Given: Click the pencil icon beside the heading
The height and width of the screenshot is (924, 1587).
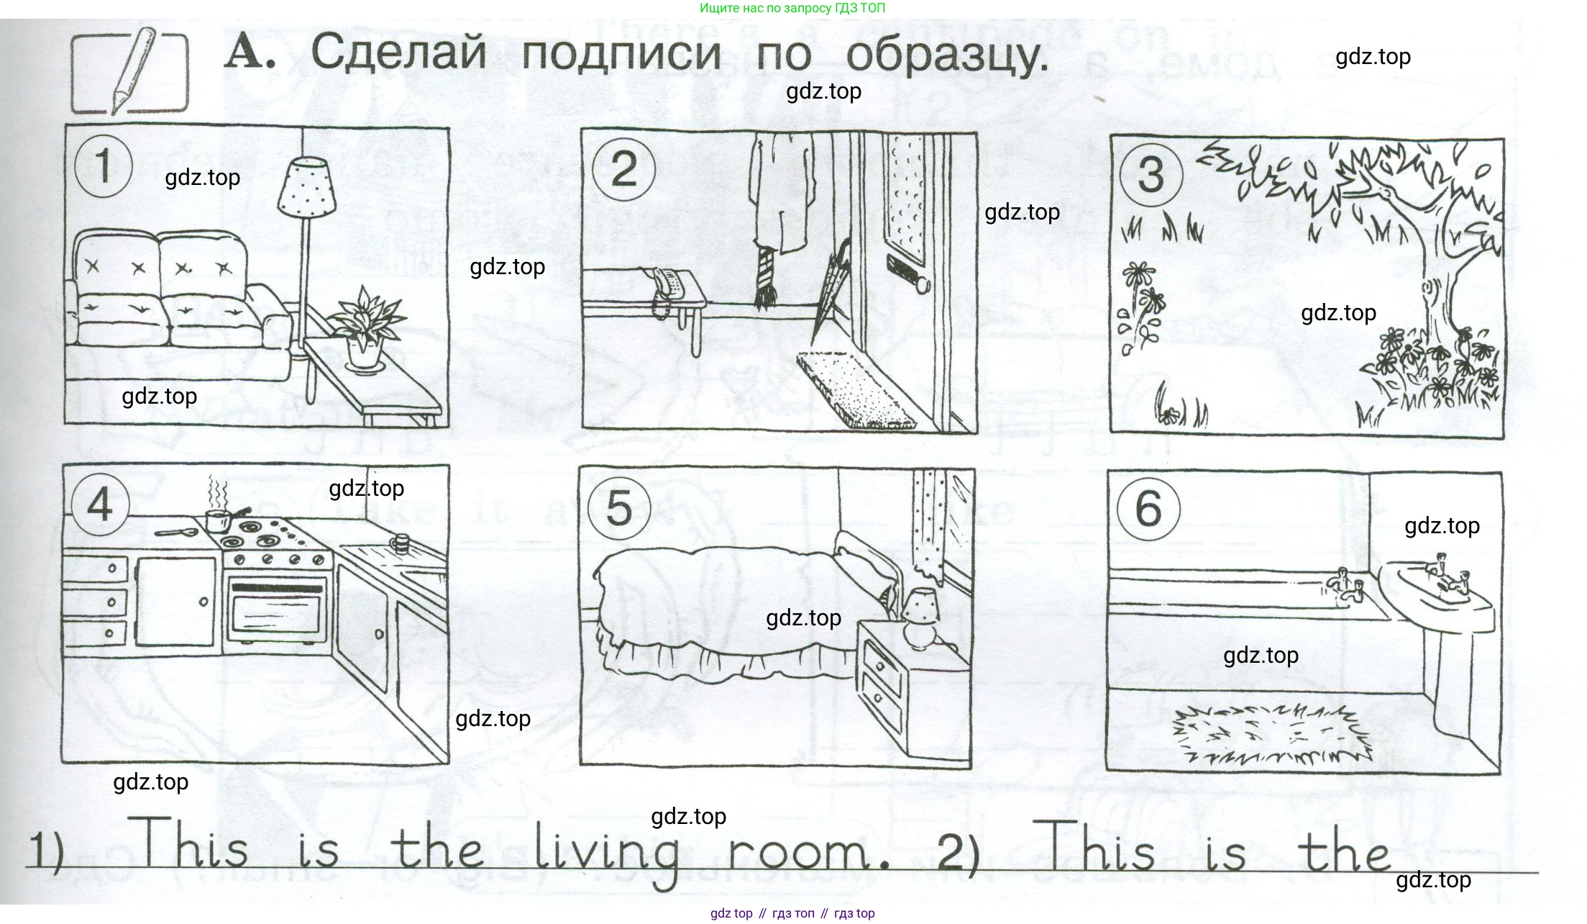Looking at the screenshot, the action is (132, 70).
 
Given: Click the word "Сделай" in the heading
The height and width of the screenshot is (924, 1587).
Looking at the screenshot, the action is (399, 53).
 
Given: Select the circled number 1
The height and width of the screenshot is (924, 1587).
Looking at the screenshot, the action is (104, 166).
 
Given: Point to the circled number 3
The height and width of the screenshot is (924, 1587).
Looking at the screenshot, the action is (1151, 175).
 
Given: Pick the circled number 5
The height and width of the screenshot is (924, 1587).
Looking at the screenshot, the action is (619, 508).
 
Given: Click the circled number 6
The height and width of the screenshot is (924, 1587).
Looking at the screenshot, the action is (1148, 509).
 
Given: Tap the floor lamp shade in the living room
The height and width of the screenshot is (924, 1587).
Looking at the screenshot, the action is (307, 186).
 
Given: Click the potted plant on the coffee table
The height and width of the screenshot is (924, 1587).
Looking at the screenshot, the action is (365, 327).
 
